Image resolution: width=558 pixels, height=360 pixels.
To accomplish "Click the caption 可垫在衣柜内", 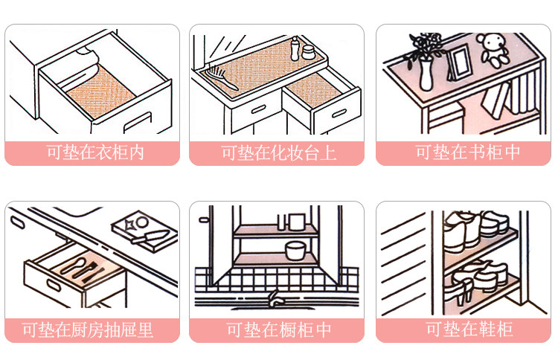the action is (x=95, y=153).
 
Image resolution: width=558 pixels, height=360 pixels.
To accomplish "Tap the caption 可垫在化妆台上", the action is (x=278, y=153).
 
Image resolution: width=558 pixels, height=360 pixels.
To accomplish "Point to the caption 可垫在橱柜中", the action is (x=278, y=330).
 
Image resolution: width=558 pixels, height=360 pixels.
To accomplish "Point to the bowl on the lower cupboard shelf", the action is (x=296, y=248).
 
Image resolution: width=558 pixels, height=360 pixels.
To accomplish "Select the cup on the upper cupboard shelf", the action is (x=297, y=222).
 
